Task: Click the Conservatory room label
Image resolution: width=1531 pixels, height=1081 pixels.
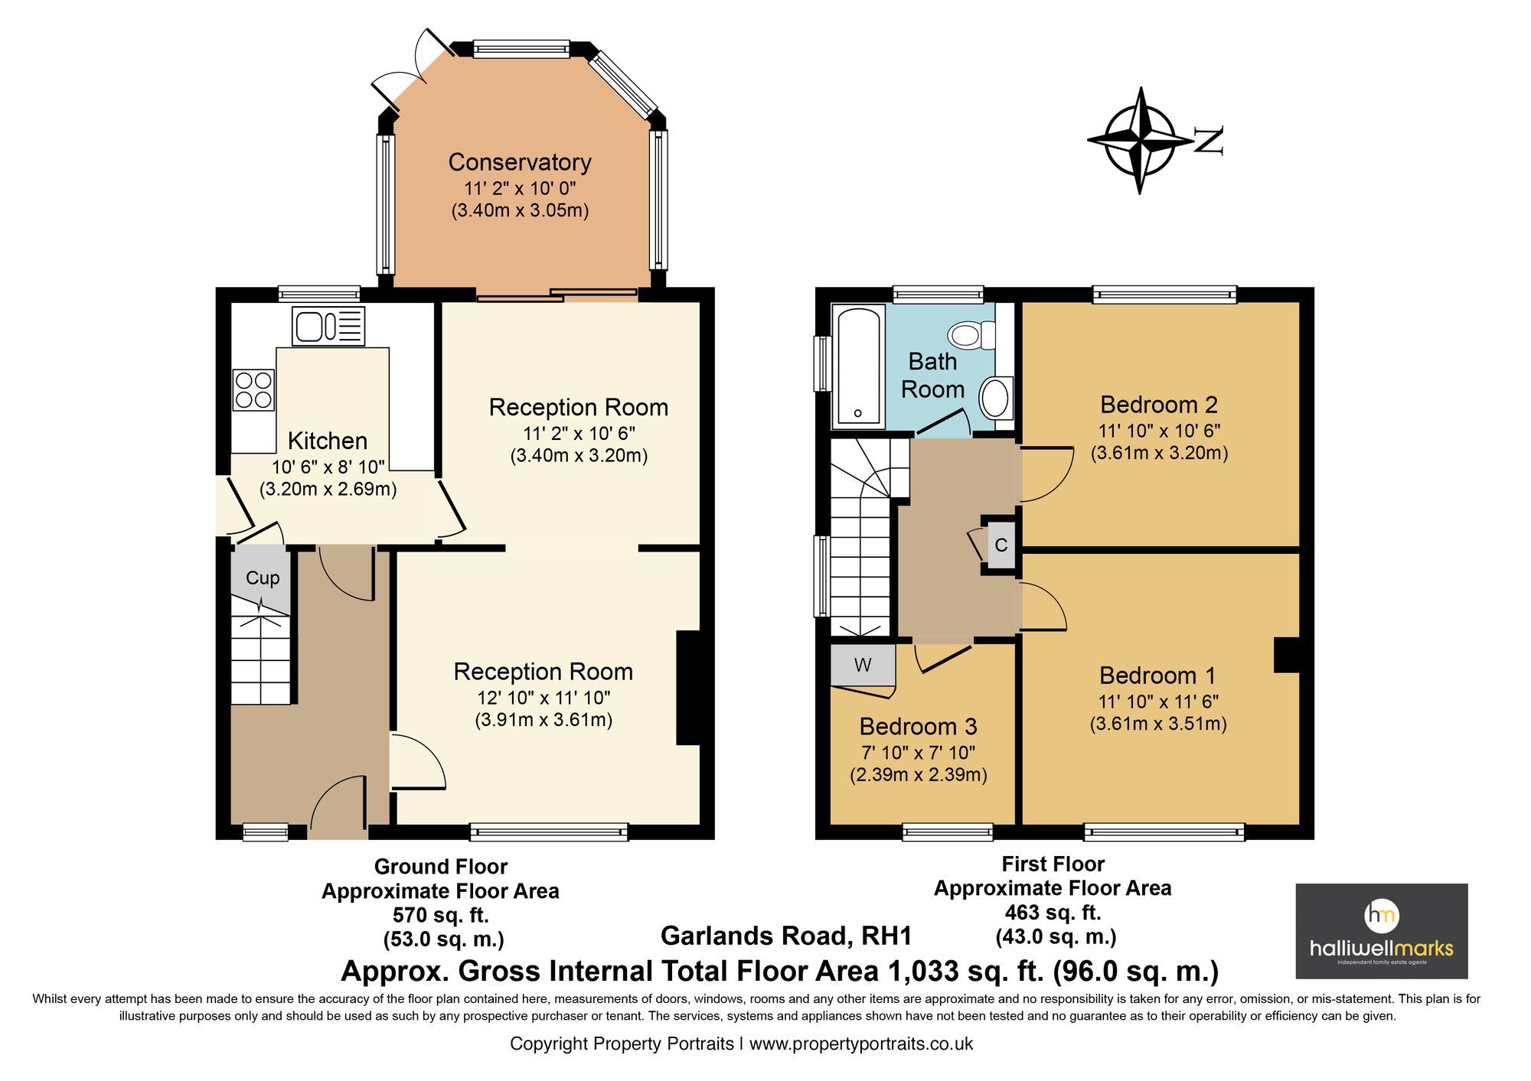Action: tap(520, 162)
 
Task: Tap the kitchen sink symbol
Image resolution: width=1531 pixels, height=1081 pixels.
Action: tap(328, 326)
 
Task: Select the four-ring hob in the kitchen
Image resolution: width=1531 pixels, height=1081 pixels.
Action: tap(253, 389)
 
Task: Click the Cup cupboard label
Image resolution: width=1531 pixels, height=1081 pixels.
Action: tap(262, 578)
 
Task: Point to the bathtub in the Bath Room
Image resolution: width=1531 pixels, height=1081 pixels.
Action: tap(858, 366)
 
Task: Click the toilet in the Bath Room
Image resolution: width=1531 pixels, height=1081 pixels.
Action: tap(971, 335)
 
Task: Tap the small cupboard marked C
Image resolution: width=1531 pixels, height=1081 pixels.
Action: tap(1001, 545)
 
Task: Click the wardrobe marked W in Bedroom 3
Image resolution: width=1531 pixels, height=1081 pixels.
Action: tap(863, 665)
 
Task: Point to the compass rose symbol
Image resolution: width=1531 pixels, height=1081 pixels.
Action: tap(1140, 140)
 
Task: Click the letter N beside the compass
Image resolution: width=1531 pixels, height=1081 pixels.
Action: tap(1209, 140)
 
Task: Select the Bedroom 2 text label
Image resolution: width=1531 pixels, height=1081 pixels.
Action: tap(1158, 404)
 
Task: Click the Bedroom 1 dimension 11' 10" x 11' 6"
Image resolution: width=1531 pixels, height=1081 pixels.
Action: tap(1158, 701)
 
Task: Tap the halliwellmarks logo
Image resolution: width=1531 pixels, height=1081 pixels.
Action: tap(1381, 931)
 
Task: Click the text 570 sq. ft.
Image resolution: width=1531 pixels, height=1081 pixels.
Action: tap(440, 914)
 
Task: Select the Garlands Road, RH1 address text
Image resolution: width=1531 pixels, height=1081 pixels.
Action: tap(786, 936)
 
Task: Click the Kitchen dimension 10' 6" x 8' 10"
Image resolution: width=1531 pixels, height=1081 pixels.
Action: tap(328, 467)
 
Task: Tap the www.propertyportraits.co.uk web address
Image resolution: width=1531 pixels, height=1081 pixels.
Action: tap(860, 1044)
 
